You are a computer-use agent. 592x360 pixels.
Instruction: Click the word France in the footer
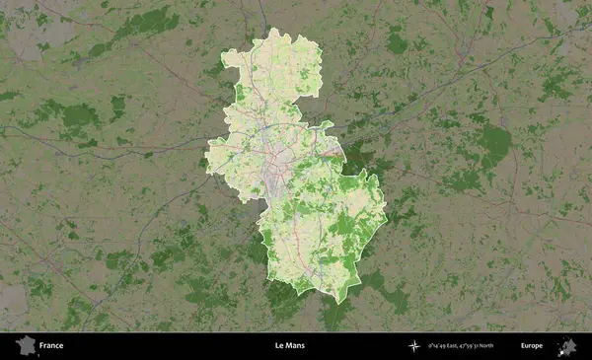(51, 346)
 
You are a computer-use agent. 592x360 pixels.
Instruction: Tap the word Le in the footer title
(280, 346)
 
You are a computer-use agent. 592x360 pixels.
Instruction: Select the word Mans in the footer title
(297, 346)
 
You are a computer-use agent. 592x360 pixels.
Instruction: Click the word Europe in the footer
(532, 346)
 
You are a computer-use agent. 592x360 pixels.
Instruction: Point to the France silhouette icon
(26, 345)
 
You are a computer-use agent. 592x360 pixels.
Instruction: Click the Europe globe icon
(567, 345)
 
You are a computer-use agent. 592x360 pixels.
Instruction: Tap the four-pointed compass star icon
(414, 346)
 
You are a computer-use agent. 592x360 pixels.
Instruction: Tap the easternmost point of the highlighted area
(386, 209)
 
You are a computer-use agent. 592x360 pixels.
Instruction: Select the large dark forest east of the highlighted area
(493, 143)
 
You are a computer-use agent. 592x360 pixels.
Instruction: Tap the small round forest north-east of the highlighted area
(397, 42)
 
